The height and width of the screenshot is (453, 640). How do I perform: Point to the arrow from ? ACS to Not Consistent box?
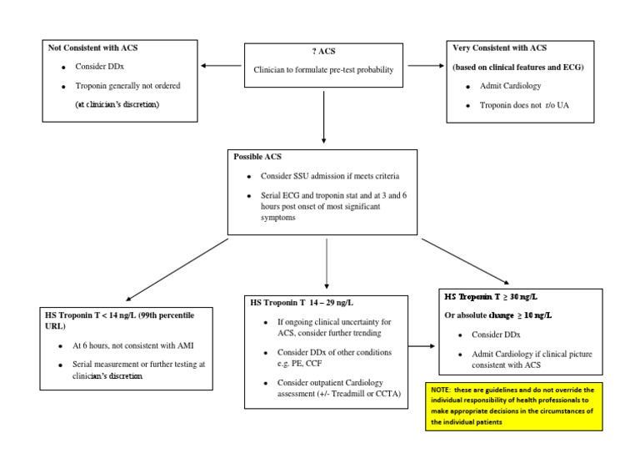pos(222,66)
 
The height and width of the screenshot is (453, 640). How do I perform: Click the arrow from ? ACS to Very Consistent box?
pos(425,66)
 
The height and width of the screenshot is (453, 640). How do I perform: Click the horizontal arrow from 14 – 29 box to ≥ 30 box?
pos(421,345)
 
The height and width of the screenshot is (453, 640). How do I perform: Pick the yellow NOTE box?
pos(526,407)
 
